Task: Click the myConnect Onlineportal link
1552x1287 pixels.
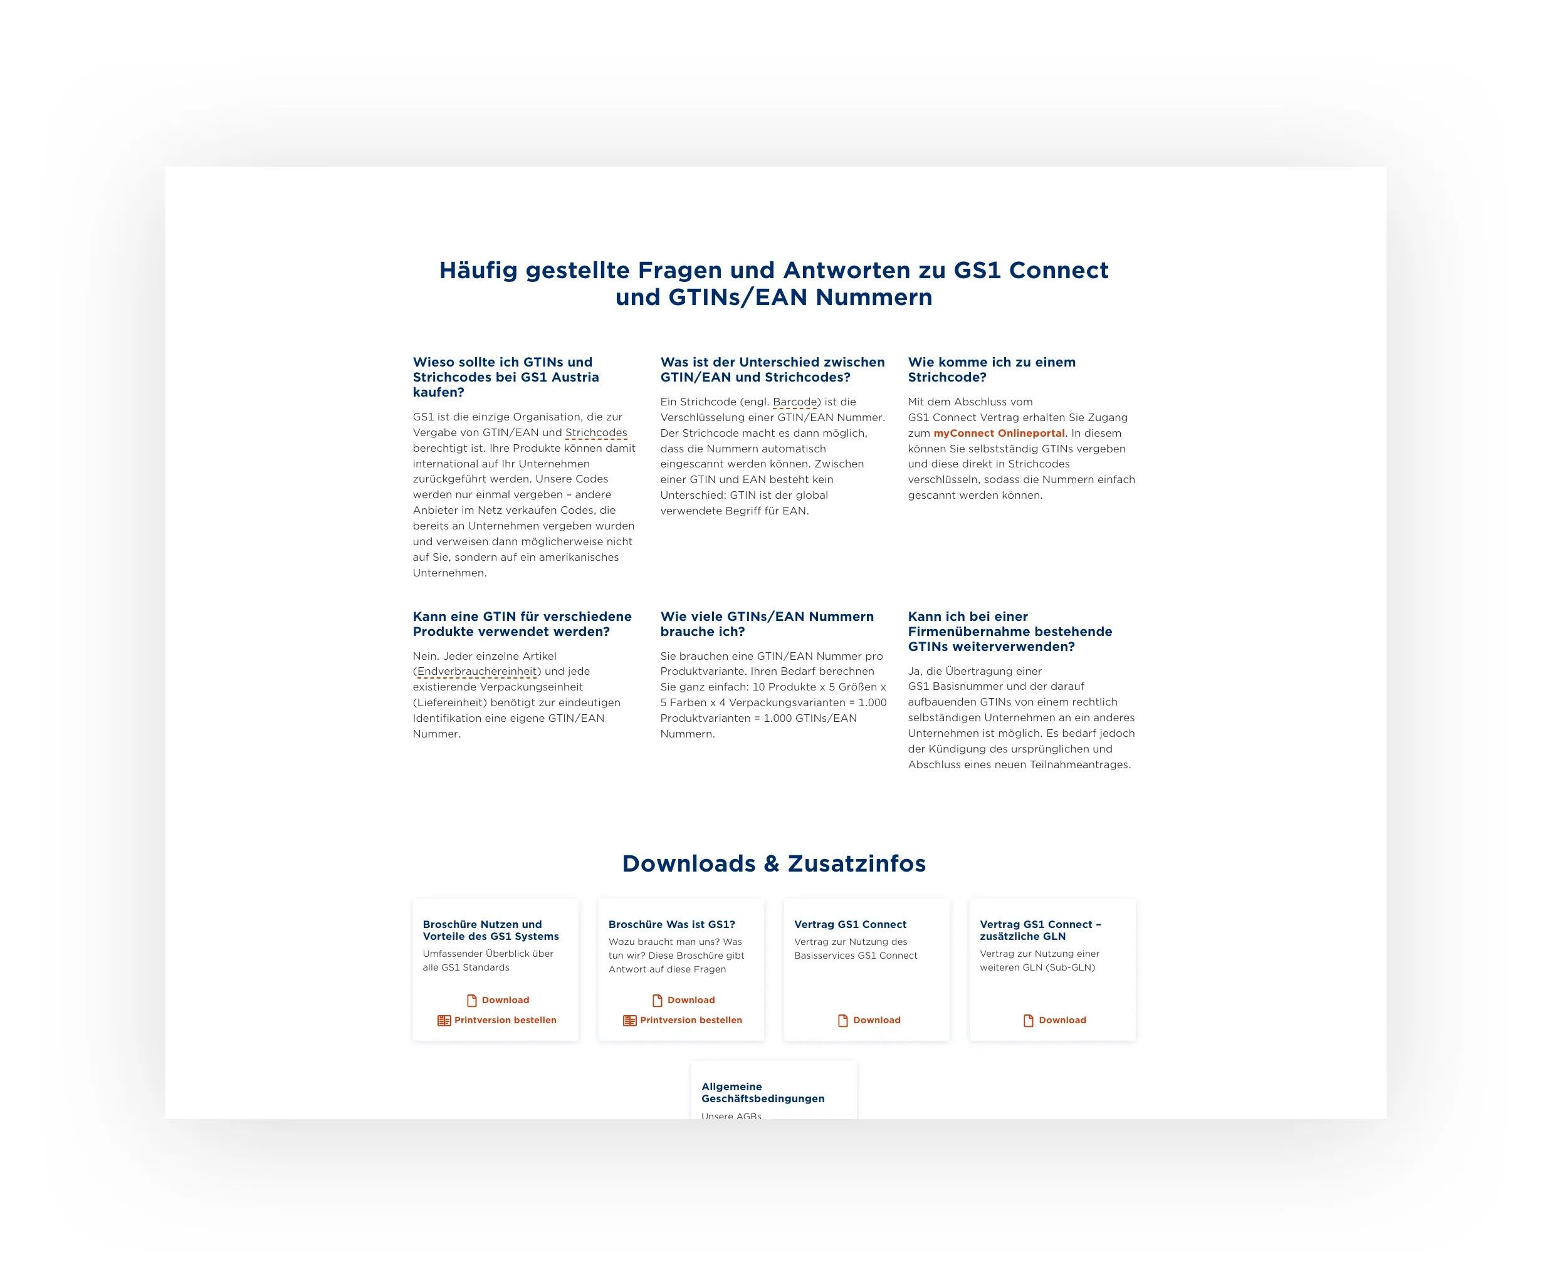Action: (x=999, y=433)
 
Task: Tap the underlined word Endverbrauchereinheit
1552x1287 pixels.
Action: (x=476, y=672)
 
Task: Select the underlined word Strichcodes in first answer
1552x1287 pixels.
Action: (x=595, y=433)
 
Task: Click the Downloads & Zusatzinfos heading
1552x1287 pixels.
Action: (x=773, y=863)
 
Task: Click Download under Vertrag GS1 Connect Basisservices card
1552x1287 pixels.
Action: (x=876, y=1020)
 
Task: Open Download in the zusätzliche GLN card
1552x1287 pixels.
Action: (x=1062, y=1020)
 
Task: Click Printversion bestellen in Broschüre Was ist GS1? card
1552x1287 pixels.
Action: (x=690, y=1020)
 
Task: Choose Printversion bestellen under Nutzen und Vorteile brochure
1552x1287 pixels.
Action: (x=505, y=1020)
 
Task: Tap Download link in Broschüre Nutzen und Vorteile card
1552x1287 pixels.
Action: (x=505, y=1001)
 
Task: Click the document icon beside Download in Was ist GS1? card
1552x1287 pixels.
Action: (x=658, y=1001)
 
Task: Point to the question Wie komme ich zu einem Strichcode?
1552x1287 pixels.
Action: (x=991, y=370)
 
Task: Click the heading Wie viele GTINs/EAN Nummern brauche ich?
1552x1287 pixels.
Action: (x=767, y=623)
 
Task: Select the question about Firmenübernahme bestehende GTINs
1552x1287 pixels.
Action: (x=1010, y=631)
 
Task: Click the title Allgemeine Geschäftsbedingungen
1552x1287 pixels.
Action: (x=762, y=1093)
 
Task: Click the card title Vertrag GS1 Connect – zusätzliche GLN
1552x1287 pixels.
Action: (x=1040, y=930)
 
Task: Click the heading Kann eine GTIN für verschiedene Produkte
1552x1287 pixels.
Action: (x=522, y=623)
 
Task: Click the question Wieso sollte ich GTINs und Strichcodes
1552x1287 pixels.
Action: (x=505, y=377)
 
